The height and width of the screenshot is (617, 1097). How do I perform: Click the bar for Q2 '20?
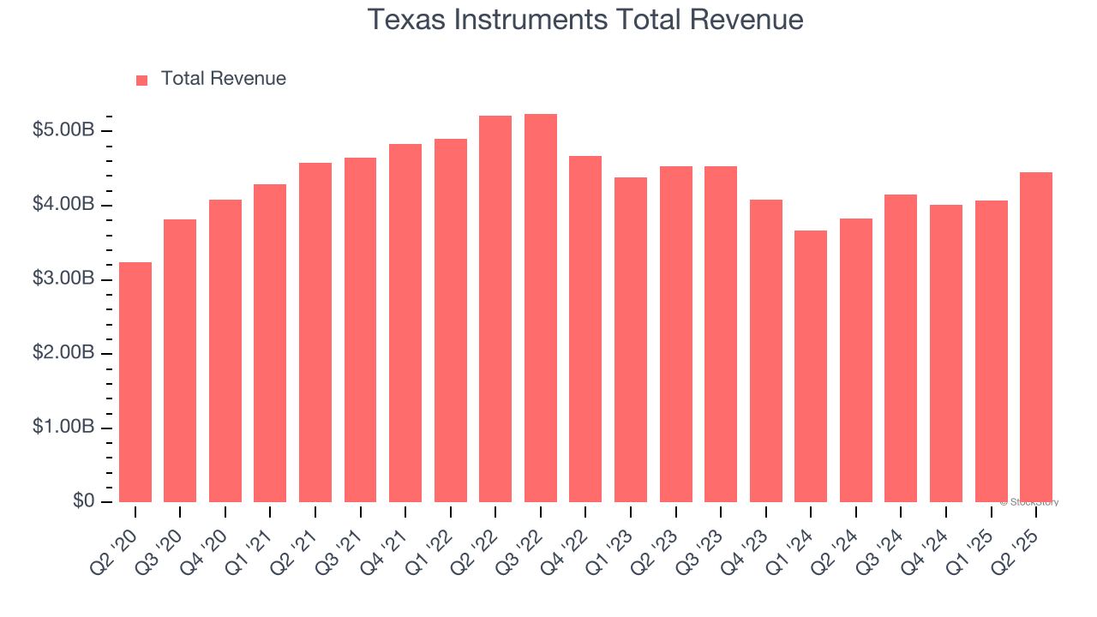coord(135,382)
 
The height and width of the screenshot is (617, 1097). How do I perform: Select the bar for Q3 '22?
coord(541,308)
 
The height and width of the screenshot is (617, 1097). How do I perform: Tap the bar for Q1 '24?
coord(811,367)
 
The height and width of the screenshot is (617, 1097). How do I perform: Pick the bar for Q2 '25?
coord(1036,338)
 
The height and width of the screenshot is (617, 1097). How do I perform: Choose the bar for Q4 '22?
coord(585,329)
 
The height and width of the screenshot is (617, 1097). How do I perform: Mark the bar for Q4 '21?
coord(405,323)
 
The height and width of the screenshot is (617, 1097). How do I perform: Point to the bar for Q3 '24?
coord(901,349)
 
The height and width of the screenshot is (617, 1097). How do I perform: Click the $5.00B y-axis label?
coord(63,131)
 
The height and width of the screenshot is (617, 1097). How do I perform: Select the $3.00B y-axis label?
coord(63,279)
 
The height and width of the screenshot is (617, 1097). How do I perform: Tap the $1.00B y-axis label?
coord(63,428)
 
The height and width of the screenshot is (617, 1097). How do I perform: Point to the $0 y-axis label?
coord(84,501)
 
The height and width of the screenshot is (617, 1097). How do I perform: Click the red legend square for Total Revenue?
coord(142,80)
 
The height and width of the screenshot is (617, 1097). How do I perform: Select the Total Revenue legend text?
coord(224,79)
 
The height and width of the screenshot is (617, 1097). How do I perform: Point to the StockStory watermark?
coord(1029,502)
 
